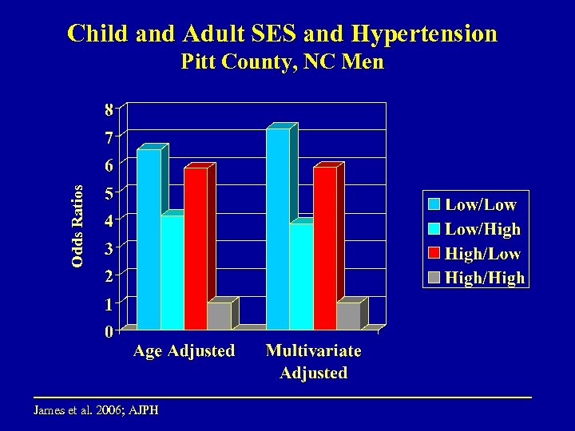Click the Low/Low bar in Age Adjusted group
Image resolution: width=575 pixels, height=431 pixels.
pyautogui.click(x=149, y=239)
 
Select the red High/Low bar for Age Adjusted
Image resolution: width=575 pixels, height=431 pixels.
pyautogui.click(x=195, y=247)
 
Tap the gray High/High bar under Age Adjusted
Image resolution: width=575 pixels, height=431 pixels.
pyautogui.click(x=218, y=315)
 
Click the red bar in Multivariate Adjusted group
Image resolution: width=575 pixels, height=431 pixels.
pyautogui.click(x=324, y=247)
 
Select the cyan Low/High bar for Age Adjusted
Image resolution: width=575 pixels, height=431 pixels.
pyautogui.click(x=172, y=271)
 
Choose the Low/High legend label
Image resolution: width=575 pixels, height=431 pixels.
pyautogui.click(x=482, y=229)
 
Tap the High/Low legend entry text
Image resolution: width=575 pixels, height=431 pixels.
pyautogui.click(x=482, y=253)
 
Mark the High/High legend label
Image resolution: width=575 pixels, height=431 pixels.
pyautogui.click(x=484, y=278)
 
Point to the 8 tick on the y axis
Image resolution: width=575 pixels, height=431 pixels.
pyautogui.click(x=108, y=108)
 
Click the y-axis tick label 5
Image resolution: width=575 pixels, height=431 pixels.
pyautogui.click(x=108, y=192)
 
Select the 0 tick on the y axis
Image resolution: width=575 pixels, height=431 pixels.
pyautogui.click(x=108, y=331)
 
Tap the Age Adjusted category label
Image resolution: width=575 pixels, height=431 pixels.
pyautogui.click(x=184, y=350)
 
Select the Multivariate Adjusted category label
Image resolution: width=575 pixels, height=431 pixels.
pyautogui.click(x=313, y=362)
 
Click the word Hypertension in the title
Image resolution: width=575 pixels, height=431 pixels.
pyautogui.click(x=424, y=34)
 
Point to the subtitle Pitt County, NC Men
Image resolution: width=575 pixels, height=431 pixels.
pyautogui.click(x=282, y=61)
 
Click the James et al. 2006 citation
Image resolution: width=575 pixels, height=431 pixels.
pyautogui.click(x=96, y=410)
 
